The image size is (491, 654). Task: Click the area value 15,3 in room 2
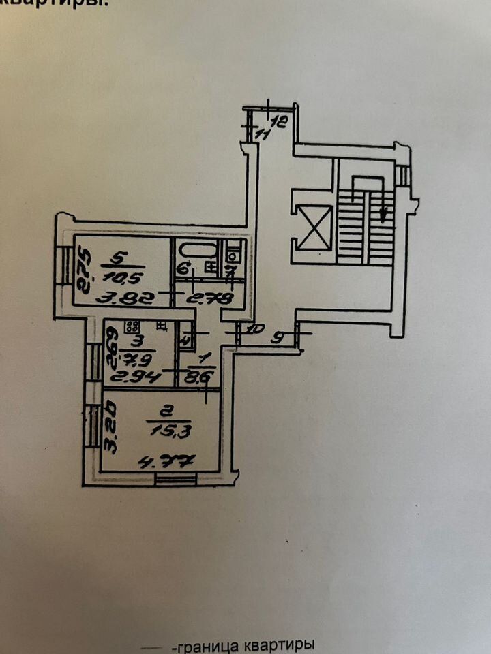click(159, 431)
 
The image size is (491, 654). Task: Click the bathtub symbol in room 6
click(198, 250)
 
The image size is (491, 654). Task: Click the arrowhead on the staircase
click(385, 217)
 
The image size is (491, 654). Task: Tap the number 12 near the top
click(278, 123)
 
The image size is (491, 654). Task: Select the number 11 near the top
click(262, 135)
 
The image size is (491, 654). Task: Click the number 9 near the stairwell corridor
click(278, 336)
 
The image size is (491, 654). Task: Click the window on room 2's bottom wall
click(175, 480)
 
